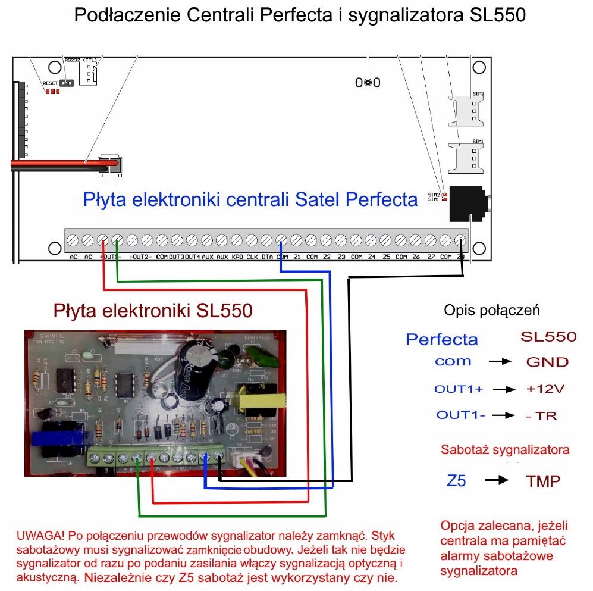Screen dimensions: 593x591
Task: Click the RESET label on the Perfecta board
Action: (x=50, y=83)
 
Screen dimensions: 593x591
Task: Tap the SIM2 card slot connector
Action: (x=469, y=110)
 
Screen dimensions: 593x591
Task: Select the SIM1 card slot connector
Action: (x=469, y=157)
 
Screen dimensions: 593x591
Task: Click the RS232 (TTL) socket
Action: (x=88, y=74)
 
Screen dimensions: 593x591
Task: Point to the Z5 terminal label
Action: (x=386, y=257)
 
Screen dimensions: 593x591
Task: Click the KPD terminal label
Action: (x=237, y=257)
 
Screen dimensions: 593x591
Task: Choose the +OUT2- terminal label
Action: (x=140, y=257)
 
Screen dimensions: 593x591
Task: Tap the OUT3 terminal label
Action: (x=177, y=257)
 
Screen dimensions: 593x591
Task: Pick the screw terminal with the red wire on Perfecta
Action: (x=102, y=240)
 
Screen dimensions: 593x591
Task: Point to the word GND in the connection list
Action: (x=547, y=362)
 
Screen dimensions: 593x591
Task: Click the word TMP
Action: (x=543, y=481)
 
